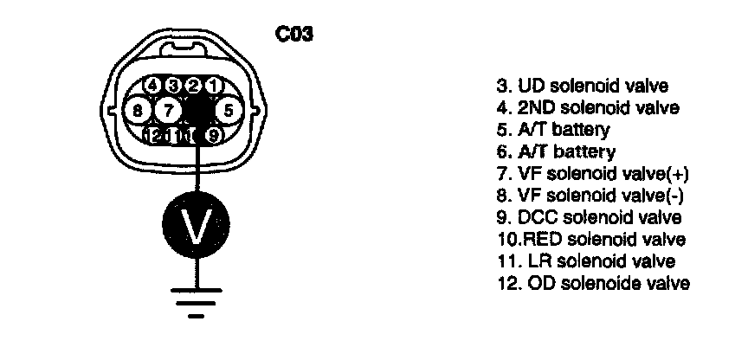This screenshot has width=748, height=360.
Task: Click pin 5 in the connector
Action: point(227,110)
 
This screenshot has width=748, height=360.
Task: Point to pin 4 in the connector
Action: point(153,85)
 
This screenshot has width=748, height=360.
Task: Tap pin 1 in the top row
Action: point(215,85)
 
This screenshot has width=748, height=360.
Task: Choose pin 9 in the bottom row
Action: point(214,135)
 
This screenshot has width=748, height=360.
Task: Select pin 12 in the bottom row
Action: point(156,136)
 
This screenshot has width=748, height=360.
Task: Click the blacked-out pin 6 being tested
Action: point(198,110)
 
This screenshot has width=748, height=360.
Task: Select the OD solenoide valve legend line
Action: point(593,283)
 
